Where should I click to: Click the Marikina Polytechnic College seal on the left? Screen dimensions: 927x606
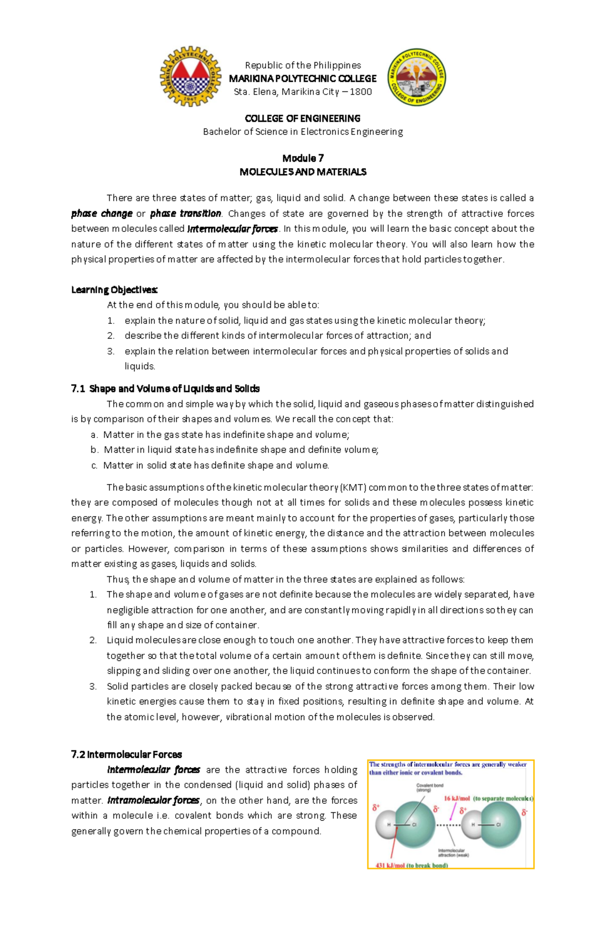tap(190, 76)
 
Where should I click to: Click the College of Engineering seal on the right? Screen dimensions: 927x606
tap(416, 77)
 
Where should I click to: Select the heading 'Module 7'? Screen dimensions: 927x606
tap(302, 158)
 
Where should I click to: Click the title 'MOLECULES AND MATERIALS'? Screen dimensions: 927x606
tap(302, 172)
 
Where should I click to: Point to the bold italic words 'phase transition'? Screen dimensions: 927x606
tap(185, 213)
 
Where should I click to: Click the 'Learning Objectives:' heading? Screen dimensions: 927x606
tap(115, 290)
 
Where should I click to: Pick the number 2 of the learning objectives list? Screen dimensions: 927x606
tap(111, 335)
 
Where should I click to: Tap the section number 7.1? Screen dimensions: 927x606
tap(78, 388)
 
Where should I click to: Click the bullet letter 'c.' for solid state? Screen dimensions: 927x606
tap(94, 465)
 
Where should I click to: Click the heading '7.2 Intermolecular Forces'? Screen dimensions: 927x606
tap(126, 755)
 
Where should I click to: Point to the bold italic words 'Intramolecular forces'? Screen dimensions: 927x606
tap(154, 800)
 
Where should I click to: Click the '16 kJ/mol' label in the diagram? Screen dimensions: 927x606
tap(457, 799)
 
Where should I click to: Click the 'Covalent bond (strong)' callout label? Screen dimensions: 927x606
tap(430, 788)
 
